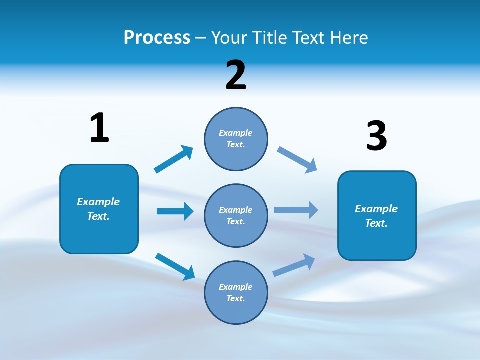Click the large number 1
(99, 128)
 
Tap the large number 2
(236, 75)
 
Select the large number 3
(376, 136)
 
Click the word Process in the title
(157, 37)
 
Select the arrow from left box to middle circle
(175, 211)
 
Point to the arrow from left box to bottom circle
(175, 266)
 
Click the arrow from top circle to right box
(297, 160)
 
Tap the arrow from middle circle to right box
(296, 210)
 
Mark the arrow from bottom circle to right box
(294, 265)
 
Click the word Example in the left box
(98, 202)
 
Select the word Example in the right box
(376, 209)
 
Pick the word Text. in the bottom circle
(236, 298)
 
